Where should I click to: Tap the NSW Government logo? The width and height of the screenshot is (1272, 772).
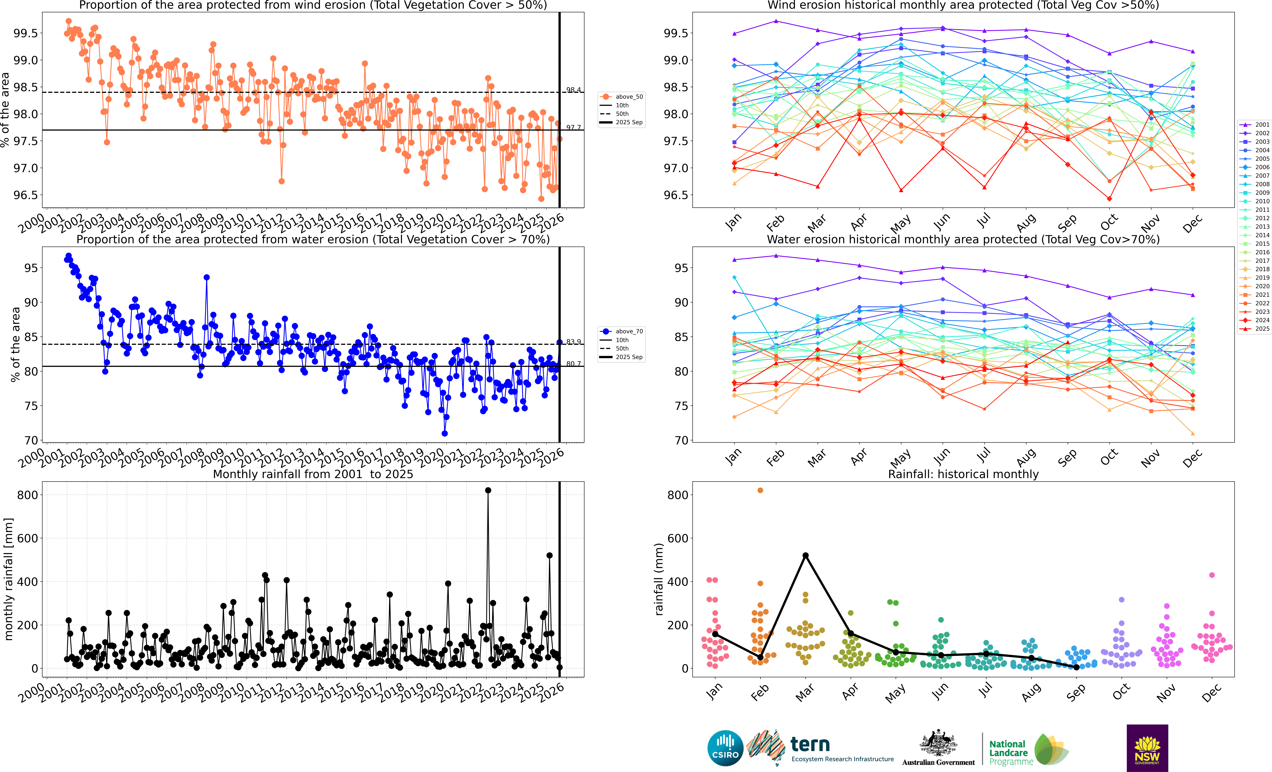click(x=1147, y=748)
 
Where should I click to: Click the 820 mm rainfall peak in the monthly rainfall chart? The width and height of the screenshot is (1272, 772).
click(x=488, y=491)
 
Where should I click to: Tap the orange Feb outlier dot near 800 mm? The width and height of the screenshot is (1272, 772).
click(x=760, y=491)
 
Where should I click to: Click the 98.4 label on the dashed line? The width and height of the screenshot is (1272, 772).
click(x=573, y=90)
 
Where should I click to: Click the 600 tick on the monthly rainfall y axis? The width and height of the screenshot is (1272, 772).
click(x=27, y=538)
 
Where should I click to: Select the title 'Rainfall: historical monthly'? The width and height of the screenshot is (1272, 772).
click(x=963, y=474)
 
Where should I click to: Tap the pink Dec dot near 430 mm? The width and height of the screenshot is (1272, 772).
click(x=1212, y=575)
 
